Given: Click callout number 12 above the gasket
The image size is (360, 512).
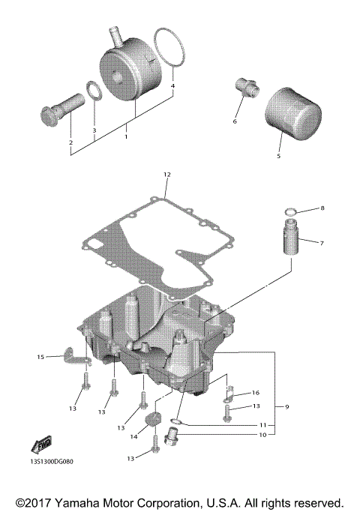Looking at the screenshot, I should point(166,174).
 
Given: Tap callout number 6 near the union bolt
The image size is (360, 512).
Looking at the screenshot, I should point(235,121).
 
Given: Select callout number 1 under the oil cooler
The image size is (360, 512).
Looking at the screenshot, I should point(126,137).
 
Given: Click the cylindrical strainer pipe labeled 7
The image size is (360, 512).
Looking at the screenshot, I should point(290,244).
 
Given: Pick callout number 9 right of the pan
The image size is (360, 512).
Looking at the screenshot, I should point(286,406).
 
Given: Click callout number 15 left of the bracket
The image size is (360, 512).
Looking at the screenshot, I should point(41,357).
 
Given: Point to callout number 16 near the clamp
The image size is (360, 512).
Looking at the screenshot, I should point(256,392).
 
